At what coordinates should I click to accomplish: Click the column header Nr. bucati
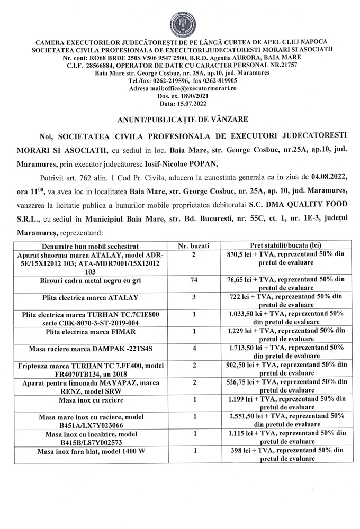pyautogui.click(x=193, y=246)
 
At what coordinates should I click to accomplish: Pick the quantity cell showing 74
pyautogui.click(x=193, y=280)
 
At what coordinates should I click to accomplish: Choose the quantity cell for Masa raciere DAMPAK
pyautogui.click(x=193, y=349)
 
